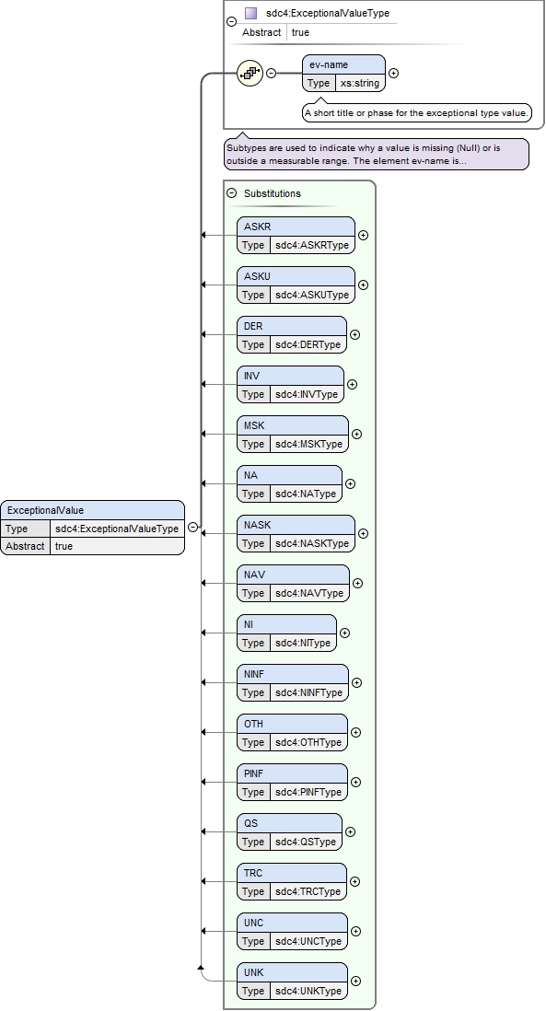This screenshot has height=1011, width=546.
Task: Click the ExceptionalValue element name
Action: click(x=45, y=511)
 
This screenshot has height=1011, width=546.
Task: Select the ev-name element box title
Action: click(x=329, y=65)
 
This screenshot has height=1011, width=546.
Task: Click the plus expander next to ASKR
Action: click(x=364, y=236)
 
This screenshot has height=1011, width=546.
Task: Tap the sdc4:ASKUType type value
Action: click(x=312, y=295)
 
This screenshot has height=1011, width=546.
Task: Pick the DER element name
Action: click(x=253, y=326)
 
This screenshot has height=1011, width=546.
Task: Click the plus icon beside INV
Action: click(x=352, y=384)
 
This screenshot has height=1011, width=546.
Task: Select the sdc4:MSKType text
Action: click(x=308, y=444)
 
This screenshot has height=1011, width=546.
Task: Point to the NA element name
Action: click(x=250, y=475)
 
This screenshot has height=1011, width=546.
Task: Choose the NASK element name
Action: click(x=257, y=525)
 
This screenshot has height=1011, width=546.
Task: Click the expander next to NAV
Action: click(x=358, y=584)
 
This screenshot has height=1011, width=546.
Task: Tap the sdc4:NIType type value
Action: click(x=303, y=643)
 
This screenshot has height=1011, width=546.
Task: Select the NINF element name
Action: click(x=254, y=674)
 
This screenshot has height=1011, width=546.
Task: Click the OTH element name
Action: click(x=253, y=724)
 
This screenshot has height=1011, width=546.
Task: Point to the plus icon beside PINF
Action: click(x=356, y=782)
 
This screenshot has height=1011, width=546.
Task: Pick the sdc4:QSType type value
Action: click(x=306, y=842)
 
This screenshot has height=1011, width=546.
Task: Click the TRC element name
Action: click(x=253, y=873)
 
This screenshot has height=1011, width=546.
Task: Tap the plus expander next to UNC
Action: click(x=356, y=932)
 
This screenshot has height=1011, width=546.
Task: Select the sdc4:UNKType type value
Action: click(x=308, y=991)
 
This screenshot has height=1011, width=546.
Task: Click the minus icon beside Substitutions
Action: click(x=232, y=192)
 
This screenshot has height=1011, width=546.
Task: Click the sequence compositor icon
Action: click(x=250, y=73)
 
